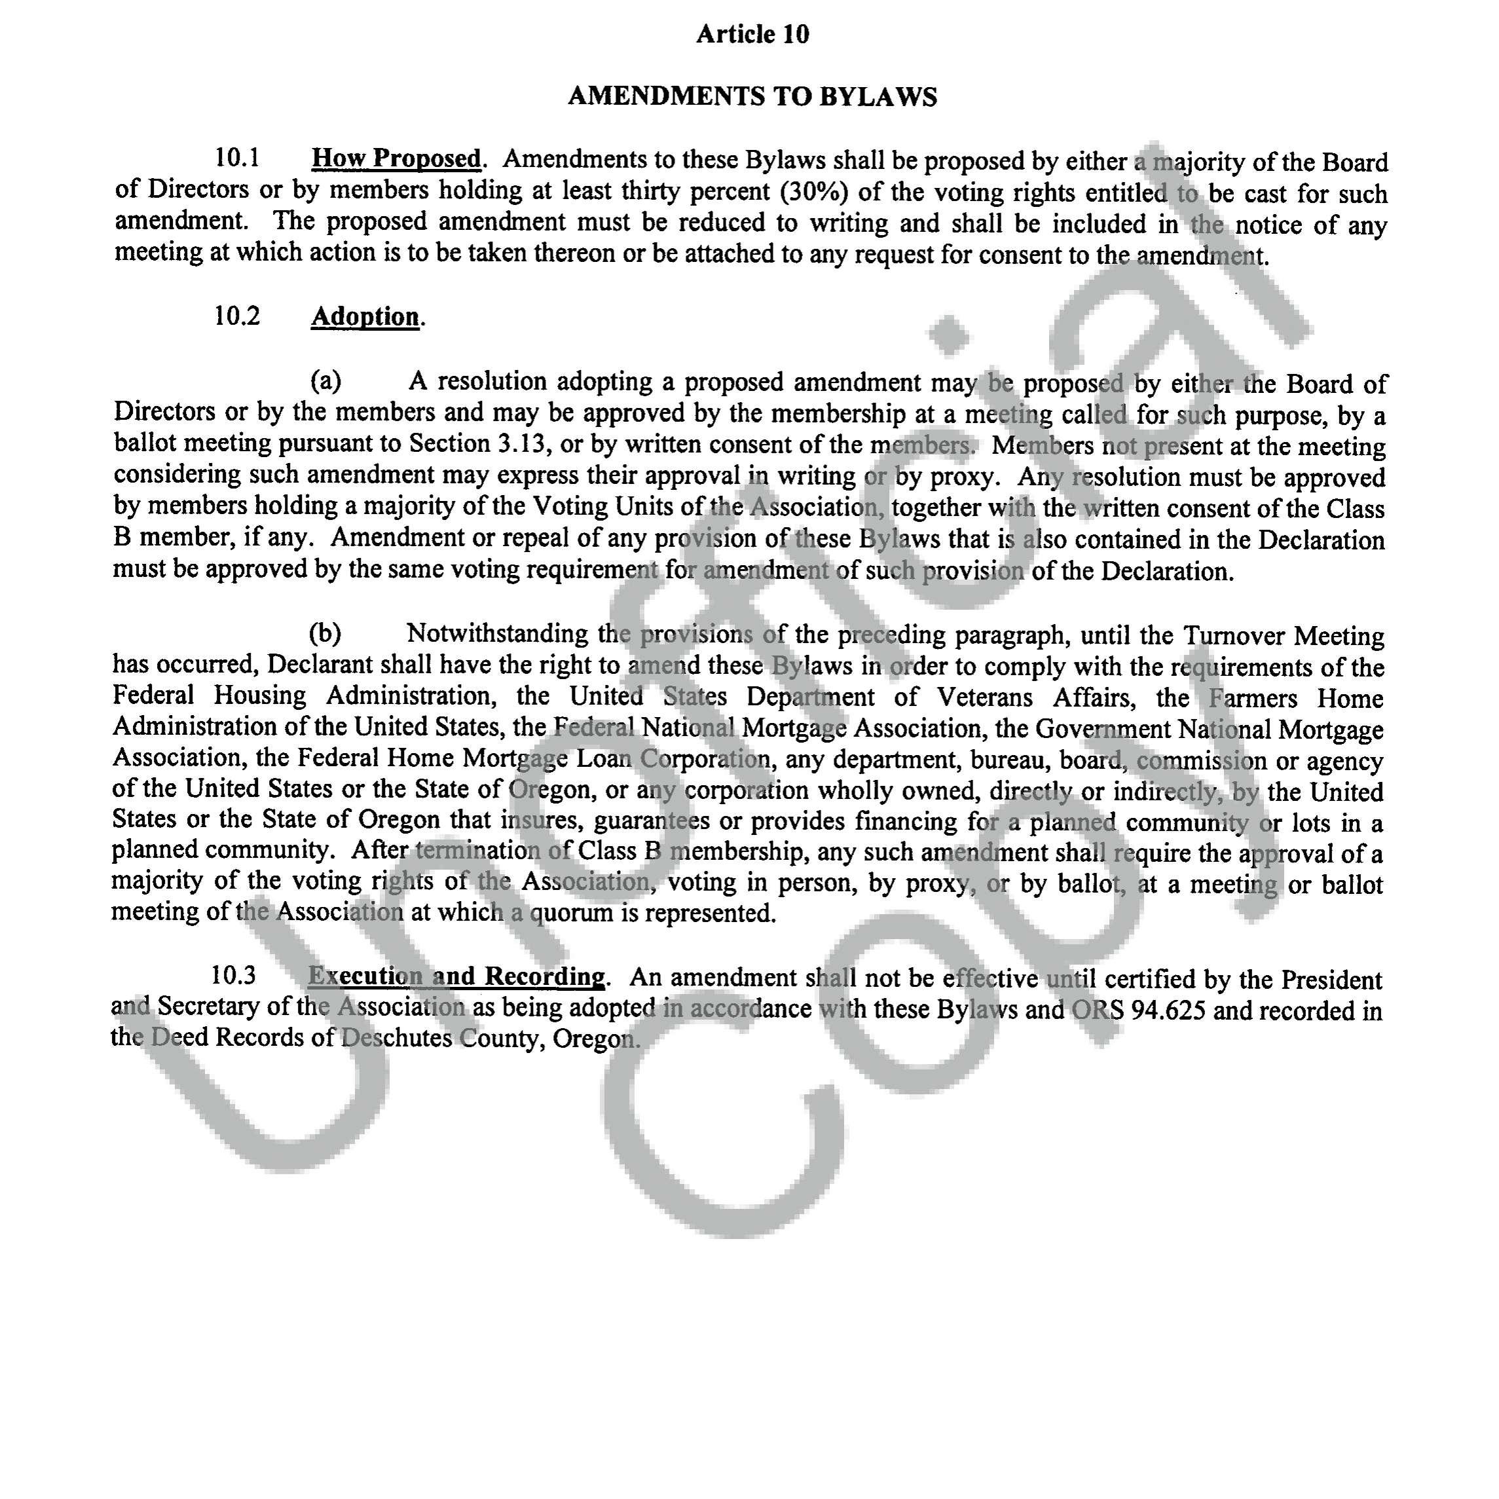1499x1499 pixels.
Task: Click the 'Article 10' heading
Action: (752, 34)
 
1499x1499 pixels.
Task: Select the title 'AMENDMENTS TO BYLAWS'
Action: (752, 96)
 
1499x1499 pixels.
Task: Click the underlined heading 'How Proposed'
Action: (396, 158)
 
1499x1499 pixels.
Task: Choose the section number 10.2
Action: (236, 316)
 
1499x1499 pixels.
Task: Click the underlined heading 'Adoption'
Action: (365, 316)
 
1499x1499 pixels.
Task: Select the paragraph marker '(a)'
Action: (326, 381)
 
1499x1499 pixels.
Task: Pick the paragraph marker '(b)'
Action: (325, 633)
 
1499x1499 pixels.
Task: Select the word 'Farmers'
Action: (1252, 698)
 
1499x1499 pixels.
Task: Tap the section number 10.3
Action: (232, 975)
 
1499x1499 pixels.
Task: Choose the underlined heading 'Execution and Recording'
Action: (456, 976)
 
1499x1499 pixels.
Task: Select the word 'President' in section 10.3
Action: (1331, 980)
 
